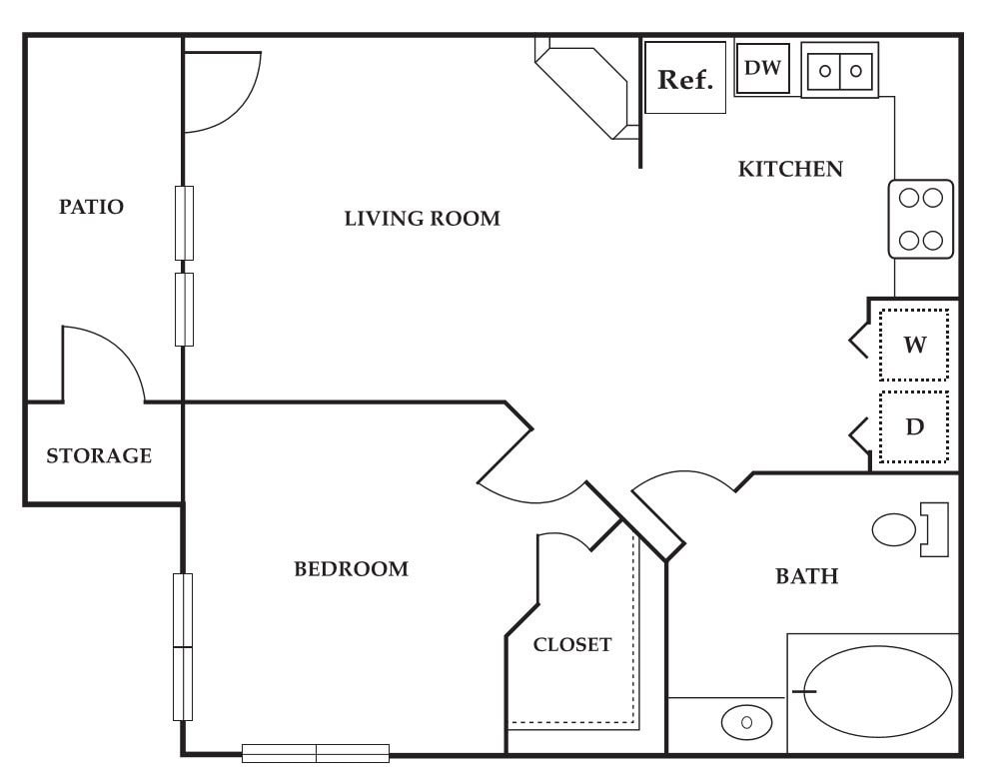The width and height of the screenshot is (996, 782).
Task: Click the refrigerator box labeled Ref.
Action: point(685,79)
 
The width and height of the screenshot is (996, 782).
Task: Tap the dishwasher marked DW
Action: point(764,69)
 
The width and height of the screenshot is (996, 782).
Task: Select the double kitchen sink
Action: point(839,70)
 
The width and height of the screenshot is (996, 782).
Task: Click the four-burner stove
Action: point(921,219)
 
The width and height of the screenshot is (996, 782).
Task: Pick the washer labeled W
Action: point(914,346)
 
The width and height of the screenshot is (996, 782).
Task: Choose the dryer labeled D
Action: point(914,427)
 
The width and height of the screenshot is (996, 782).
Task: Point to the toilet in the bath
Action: point(904,529)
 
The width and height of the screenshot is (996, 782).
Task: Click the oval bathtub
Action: point(873,691)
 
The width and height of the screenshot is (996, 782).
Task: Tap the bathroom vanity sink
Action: point(746,721)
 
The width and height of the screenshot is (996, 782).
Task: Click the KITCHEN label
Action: point(790,169)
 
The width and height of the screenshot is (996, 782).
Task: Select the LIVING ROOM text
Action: point(422,218)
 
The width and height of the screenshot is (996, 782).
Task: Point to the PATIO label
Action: point(91,207)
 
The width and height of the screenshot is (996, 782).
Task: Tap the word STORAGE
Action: point(99,455)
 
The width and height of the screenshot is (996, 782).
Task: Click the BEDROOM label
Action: point(351,569)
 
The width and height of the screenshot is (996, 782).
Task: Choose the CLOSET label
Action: point(571,644)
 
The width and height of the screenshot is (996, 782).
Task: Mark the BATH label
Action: point(806,576)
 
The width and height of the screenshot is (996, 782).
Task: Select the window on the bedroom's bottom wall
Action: point(316,753)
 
